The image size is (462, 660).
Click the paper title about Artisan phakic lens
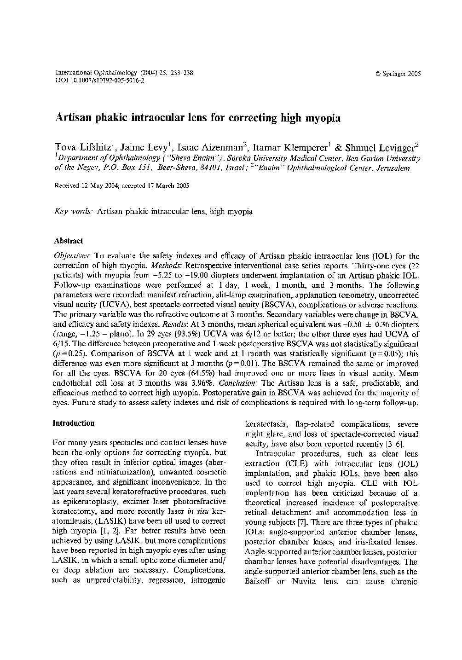[198, 118]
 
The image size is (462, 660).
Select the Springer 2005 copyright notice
[398, 74]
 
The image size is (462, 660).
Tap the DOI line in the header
[99, 80]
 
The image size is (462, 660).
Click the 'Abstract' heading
[69, 241]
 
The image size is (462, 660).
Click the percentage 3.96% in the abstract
[202, 383]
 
